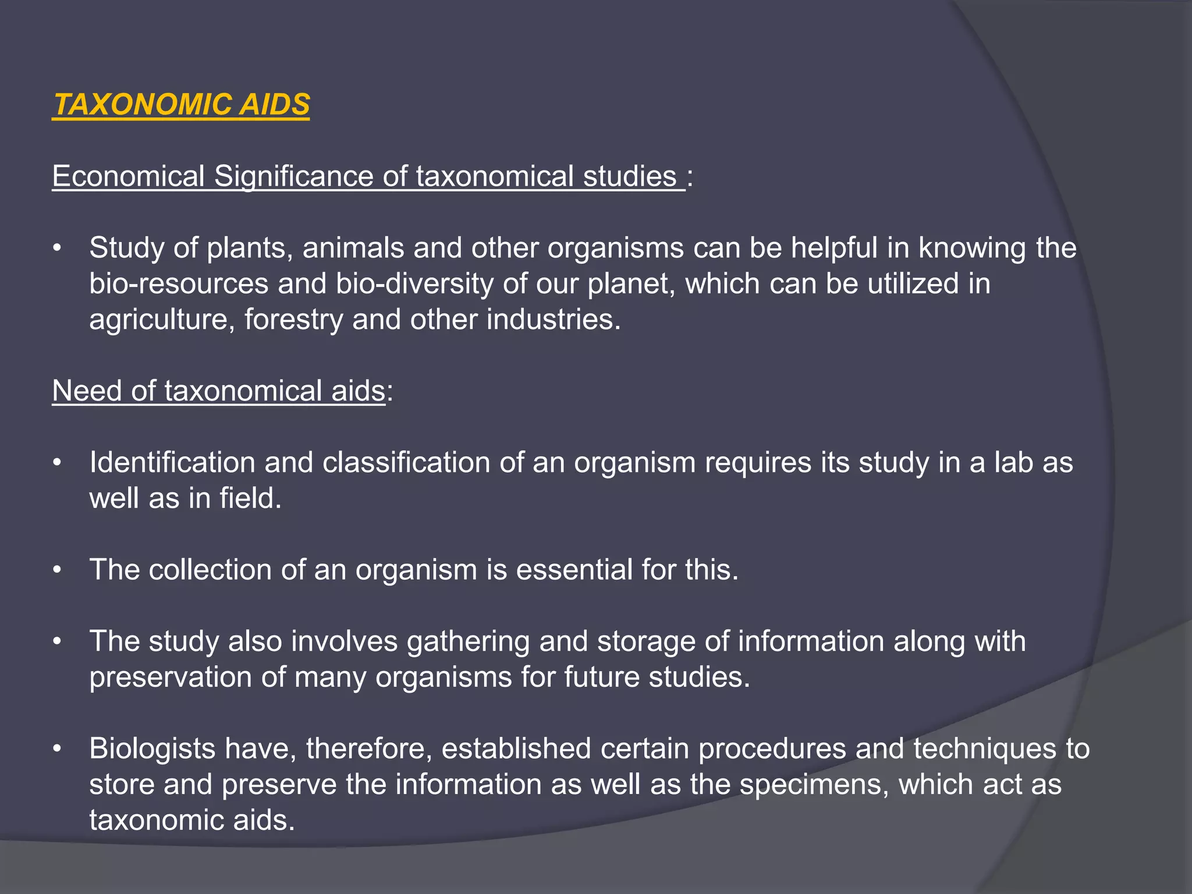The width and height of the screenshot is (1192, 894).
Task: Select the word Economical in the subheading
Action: tap(128, 176)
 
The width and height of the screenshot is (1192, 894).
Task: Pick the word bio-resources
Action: tap(179, 284)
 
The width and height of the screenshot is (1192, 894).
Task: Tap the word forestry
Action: tap(293, 320)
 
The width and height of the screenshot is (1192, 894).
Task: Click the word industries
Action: tap(553, 320)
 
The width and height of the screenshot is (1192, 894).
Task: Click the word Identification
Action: tap(172, 463)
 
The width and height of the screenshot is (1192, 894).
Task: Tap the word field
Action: tap(250, 498)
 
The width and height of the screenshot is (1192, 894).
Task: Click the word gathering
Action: tap(468, 641)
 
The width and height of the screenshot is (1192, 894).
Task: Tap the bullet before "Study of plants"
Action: tap(56, 249)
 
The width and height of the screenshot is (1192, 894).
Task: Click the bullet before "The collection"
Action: tap(56, 570)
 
